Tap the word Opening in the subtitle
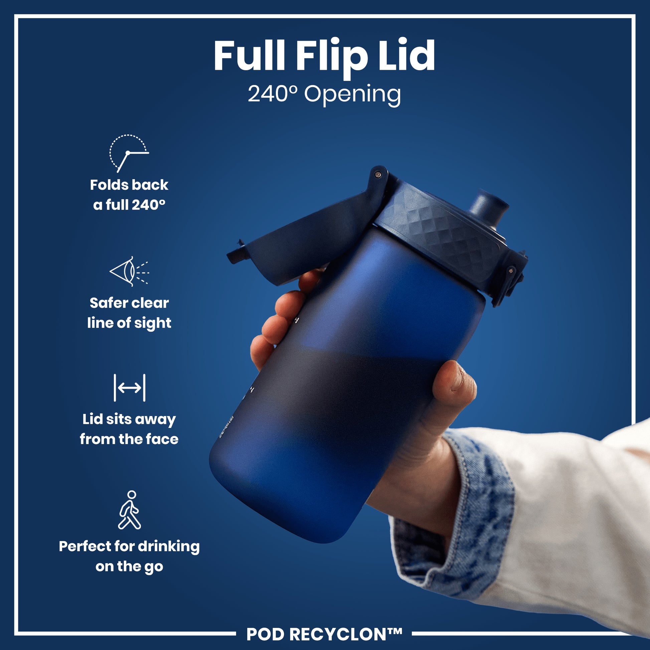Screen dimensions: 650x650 (x=352, y=95)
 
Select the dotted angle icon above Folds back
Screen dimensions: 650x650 (x=129, y=153)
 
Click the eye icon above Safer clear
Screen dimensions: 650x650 (x=129, y=272)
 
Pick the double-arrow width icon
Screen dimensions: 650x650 (x=130, y=387)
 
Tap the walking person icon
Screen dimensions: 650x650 (x=130, y=510)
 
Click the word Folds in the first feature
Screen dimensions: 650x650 (x=108, y=185)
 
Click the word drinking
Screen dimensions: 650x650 (x=169, y=547)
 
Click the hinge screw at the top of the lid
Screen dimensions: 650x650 (x=378, y=174)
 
